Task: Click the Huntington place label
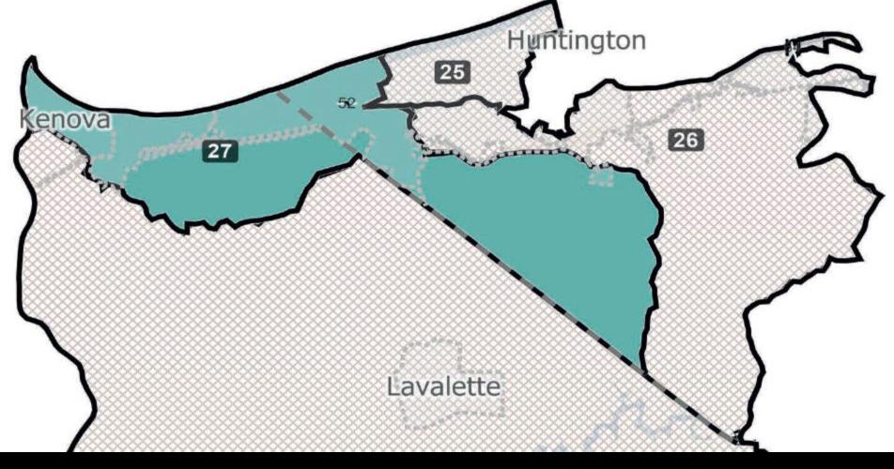point(577,41)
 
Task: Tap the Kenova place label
point(65,120)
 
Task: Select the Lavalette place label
point(444,386)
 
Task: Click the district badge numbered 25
point(453,71)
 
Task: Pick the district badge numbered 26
point(685,141)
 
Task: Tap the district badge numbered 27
point(220,151)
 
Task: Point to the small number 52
point(347,103)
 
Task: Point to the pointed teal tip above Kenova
point(34,70)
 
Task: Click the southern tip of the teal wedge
point(642,361)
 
